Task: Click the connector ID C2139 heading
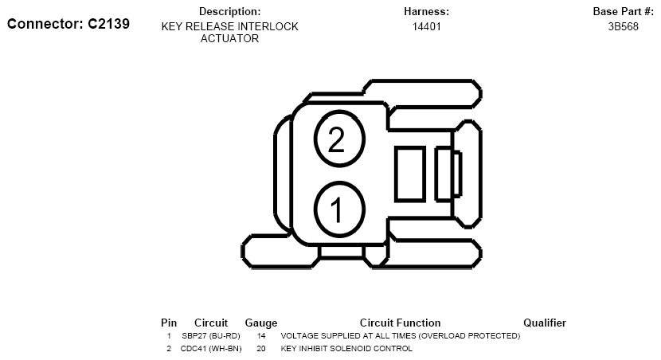click(x=68, y=24)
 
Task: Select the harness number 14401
click(x=427, y=26)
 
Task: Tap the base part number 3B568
click(x=623, y=26)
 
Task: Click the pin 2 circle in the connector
click(x=339, y=139)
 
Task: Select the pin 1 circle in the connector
click(x=339, y=209)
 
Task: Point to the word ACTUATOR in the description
click(x=229, y=38)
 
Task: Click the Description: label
click(x=229, y=11)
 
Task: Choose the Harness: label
click(x=427, y=11)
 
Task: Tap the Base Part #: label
click(x=623, y=11)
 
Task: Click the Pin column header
click(x=169, y=323)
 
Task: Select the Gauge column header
click(x=261, y=323)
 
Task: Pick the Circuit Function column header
click(x=400, y=323)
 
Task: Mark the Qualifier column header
click(x=545, y=323)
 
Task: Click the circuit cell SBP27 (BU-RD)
click(x=211, y=336)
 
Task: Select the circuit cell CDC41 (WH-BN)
click(x=211, y=349)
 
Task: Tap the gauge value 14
click(x=261, y=336)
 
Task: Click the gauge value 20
click(x=261, y=349)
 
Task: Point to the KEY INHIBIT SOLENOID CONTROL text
click(x=346, y=349)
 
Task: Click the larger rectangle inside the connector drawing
click(x=410, y=174)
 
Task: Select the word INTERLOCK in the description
click(x=268, y=26)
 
